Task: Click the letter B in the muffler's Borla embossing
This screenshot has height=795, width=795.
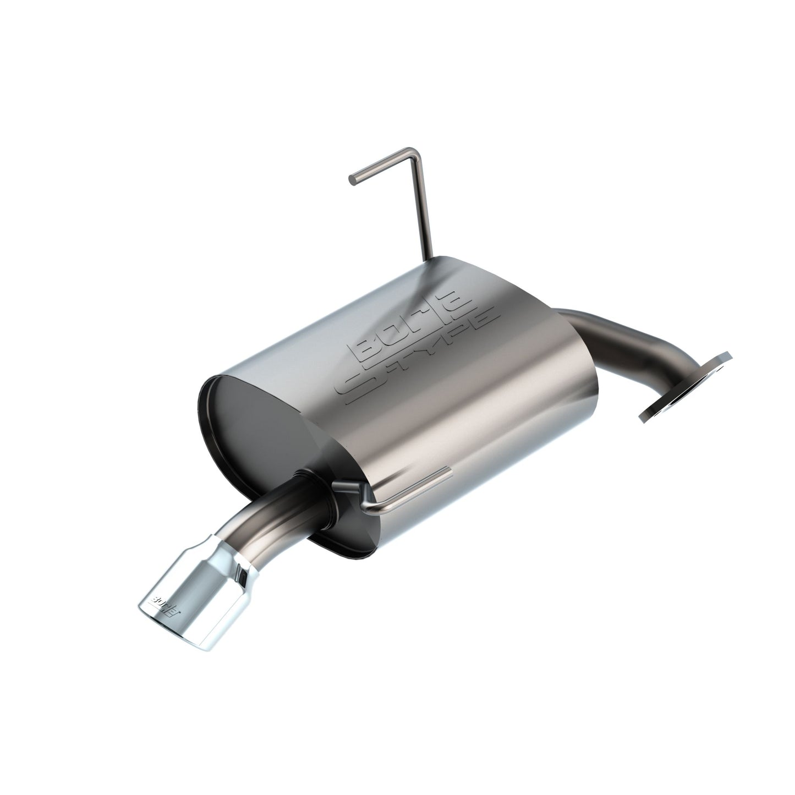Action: click(x=366, y=348)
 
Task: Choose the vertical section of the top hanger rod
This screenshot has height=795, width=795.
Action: click(x=425, y=209)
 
